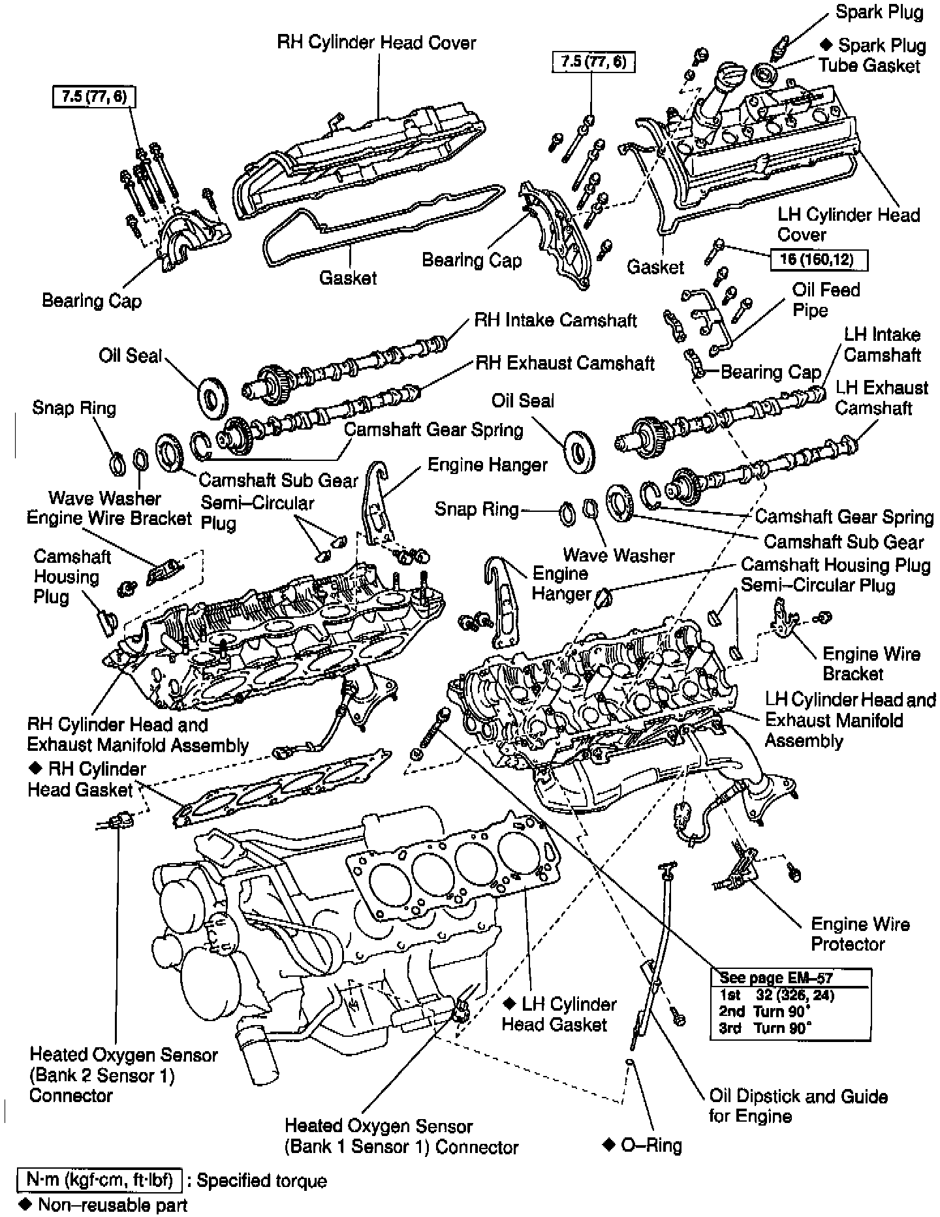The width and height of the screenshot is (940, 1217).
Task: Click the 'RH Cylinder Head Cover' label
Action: tap(377, 43)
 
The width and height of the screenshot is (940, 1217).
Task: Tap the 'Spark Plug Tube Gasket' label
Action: tap(871, 55)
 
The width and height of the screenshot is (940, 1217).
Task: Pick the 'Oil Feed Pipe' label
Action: tap(826, 300)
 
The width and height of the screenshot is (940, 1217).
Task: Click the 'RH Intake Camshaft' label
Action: tap(555, 320)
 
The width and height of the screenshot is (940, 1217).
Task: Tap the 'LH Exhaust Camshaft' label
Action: tap(881, 398)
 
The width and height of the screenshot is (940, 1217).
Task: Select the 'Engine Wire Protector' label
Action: tap(860, 934)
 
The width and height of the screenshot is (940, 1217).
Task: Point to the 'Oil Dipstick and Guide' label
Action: tap(798, 1105)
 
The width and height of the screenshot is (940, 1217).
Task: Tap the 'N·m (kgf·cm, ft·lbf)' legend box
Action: tap(99, 1180)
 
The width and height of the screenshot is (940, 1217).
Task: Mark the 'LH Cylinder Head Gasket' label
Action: tap(559, 1014)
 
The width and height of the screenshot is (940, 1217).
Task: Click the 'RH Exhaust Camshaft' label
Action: tap(565, 363)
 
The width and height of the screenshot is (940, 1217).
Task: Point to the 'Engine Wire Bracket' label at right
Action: tap(871, 663)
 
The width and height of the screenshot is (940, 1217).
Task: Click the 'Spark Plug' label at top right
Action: tap(879, 12)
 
